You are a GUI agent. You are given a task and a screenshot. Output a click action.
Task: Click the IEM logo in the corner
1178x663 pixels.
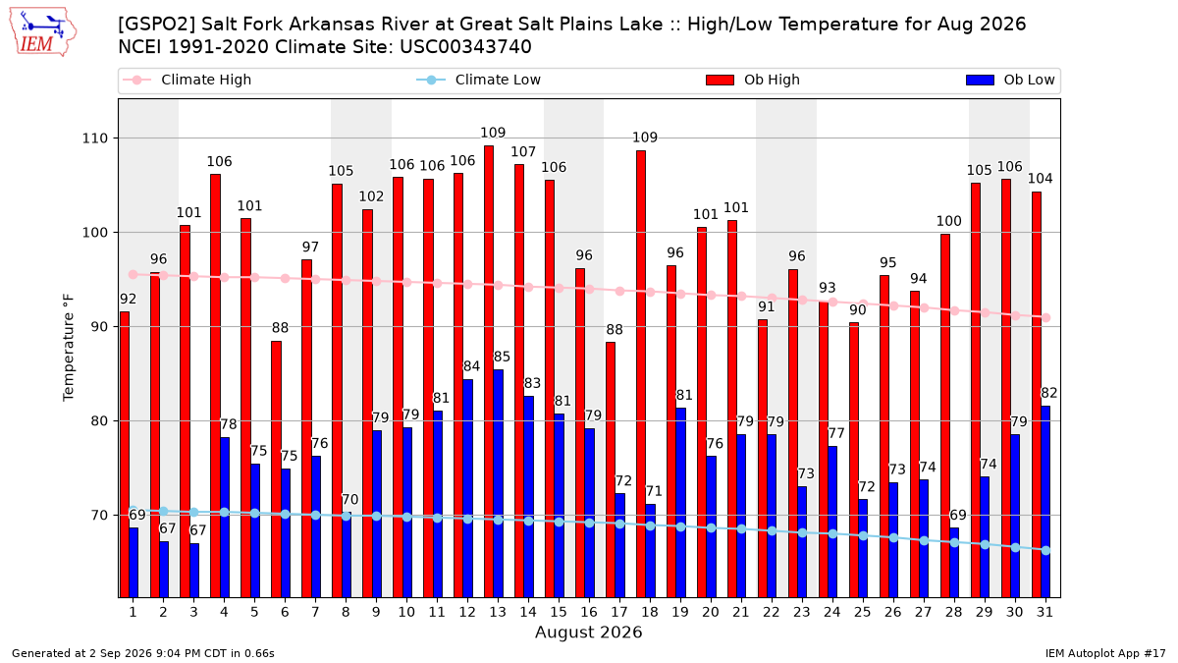[x=42, y=32]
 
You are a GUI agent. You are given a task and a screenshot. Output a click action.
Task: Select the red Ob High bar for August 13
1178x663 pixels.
[x=489, y=371]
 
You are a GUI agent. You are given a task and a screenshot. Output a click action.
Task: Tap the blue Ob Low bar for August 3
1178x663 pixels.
[x=194, y=571]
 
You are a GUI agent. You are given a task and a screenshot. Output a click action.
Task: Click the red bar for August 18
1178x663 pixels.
[x=640, y=374]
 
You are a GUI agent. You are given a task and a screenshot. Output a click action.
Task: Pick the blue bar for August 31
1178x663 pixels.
[x=1045, y=502]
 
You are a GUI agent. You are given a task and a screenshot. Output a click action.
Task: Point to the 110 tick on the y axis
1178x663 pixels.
[x=94, y=138]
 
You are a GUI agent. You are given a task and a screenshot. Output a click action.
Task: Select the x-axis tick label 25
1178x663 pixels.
[x=863, y=612]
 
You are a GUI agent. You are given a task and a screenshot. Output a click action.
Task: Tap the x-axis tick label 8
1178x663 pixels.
[x=346, y=612]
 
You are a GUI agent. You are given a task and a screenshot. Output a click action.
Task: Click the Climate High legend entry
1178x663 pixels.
[x=187, y=80]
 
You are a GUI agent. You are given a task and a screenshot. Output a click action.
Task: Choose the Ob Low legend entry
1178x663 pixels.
[x=1010, y=80]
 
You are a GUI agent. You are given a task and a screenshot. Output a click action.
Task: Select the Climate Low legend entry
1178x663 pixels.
[x=478, y=80]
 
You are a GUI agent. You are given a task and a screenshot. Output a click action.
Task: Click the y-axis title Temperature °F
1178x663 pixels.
[x=69, y=348]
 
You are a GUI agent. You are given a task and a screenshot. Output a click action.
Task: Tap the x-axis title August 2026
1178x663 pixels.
[x=588, y=632]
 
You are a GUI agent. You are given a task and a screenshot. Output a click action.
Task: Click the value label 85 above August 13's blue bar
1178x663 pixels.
[x=502, y=357]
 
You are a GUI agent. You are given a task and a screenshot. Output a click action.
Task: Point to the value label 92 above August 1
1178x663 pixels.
[x=128, y=299]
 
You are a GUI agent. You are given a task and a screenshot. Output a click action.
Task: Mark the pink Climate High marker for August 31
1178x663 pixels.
[x=1046, y=318]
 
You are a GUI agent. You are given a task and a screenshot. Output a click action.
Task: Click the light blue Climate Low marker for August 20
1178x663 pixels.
[x=711, y=527]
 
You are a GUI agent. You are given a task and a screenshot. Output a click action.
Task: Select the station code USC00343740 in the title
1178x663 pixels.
[x=465, y=47]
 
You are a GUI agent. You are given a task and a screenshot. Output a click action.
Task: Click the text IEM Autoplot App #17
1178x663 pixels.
[x=1105, y=653]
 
